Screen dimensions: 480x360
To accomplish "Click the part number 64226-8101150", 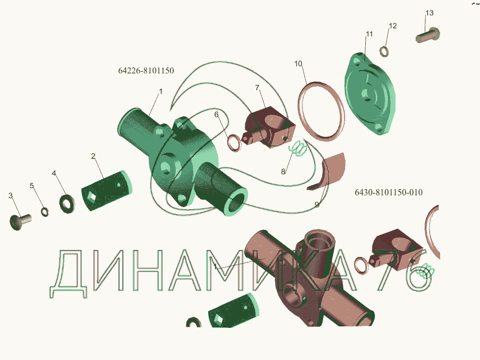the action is click(x=146, y=71).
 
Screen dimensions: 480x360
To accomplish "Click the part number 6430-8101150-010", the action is click(x=388, y=192).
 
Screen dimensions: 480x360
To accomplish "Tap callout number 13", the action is click(x=429, y=13).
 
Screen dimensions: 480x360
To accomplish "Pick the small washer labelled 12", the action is click(x=384, y=51).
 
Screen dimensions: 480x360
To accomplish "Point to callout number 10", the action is click(x=298, y=64).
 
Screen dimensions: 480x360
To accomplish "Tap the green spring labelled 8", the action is click(x=298, y=149).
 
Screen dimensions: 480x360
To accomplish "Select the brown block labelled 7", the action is click(x=269, y=127).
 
